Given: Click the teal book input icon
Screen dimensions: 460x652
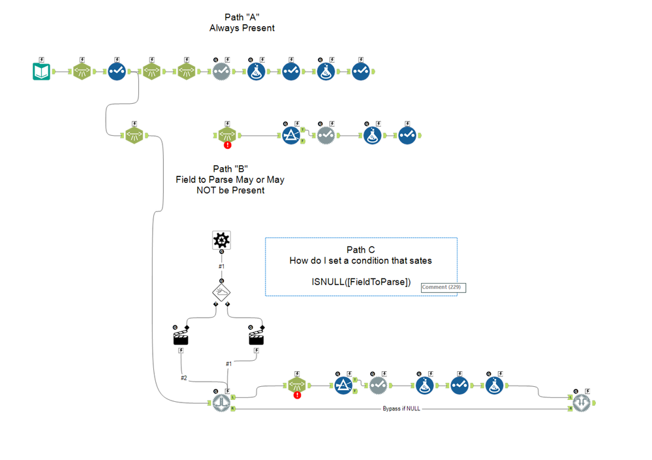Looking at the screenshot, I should point(42,71).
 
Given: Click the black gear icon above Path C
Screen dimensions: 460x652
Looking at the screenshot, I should point(221,240).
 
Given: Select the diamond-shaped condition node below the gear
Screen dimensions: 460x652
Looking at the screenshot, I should point(221,291).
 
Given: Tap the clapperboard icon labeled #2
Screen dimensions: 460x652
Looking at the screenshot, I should point(181,337).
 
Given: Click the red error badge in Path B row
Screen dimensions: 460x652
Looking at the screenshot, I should point(228,145).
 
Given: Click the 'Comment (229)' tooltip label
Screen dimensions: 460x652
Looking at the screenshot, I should point(443,287).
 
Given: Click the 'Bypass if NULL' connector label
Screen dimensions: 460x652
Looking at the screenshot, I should point(403,409).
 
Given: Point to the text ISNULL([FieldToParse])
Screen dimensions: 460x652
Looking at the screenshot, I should point(361,282).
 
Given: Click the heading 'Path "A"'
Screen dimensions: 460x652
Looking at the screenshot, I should point(241,17).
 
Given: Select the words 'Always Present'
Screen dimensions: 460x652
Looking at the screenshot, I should point(241,28).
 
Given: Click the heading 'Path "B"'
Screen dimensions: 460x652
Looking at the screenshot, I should point(230,169).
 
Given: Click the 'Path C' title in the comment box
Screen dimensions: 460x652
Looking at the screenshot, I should point(360,250).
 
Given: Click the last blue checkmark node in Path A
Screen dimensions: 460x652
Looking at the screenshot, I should point(361,71).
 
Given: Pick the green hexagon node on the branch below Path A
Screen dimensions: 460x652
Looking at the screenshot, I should point(134,136).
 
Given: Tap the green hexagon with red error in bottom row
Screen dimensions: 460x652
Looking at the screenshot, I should point(296,386).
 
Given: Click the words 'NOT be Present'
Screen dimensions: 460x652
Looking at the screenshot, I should point(230,191).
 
